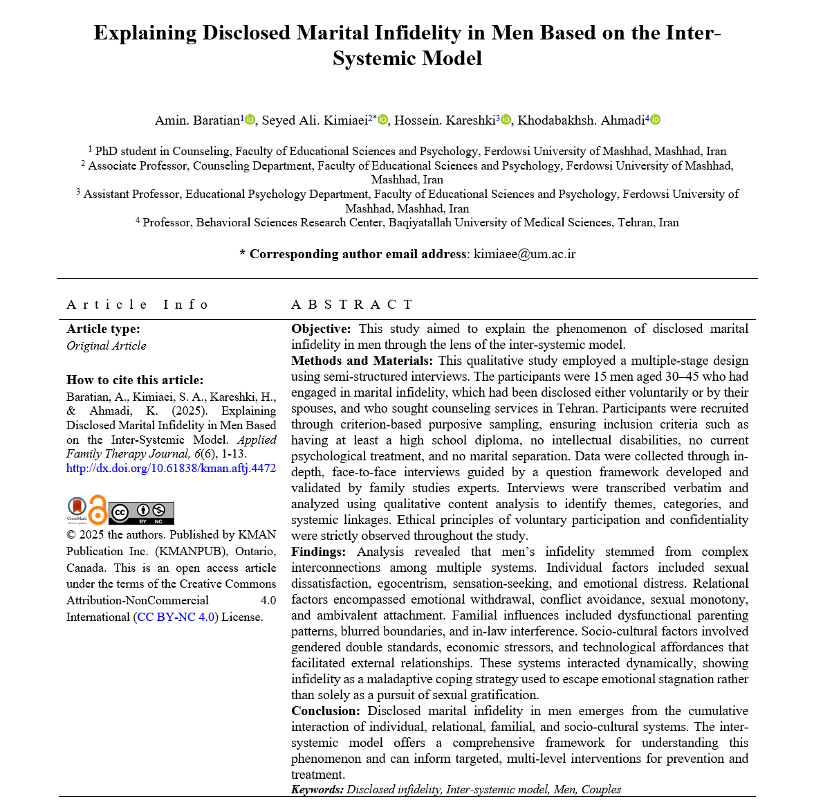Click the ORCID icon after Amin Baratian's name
[x=250, y=120]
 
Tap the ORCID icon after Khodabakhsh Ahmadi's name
[x=656, y=120]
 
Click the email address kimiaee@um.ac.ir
[x=524, y=254]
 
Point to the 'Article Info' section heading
[x=137, y=305]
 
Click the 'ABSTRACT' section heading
[x=352, y=305]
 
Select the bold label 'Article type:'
[x=103, y=329]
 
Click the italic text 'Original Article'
[x=106, y=345]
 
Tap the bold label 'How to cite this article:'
[x=135, y=379]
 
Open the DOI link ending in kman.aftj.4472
[x=171, y=468]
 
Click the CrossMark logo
[x=77, y=509]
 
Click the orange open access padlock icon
[x=98, y=509]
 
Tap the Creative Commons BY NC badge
[x=141, y=513]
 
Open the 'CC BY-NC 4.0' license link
[x=176, y=617]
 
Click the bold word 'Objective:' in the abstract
[x=321, y=329]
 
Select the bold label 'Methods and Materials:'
[x=362, y=361]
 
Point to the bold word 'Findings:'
[x=318, y=552]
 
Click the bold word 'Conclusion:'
[x=325, y=711]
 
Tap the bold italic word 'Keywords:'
[x=317, y=789]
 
